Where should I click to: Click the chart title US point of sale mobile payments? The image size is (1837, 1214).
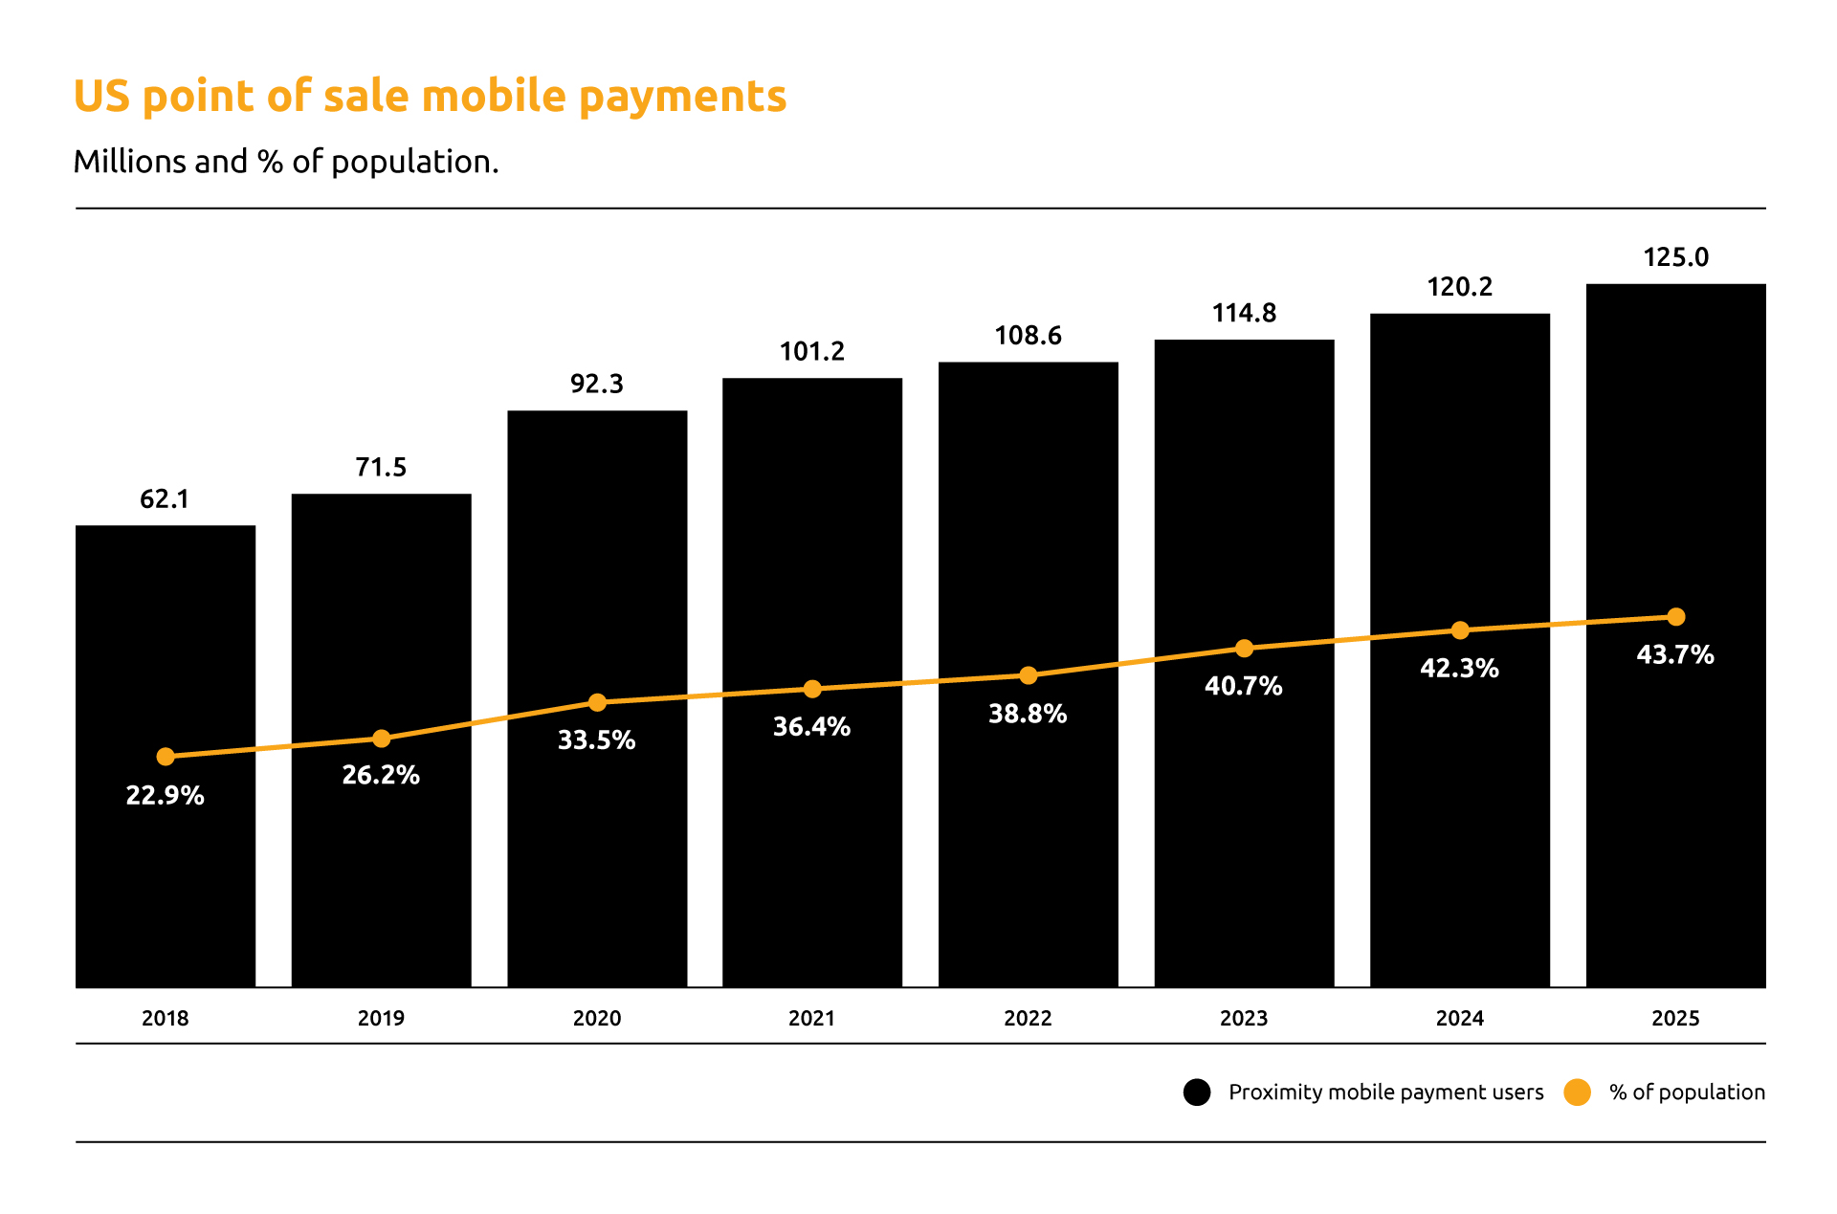click(x=430, y=97)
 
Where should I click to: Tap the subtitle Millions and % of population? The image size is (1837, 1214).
click(x=286, y=162)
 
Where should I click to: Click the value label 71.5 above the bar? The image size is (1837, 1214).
click(x=381, y=467)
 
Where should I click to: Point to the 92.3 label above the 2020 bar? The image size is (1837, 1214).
click(x=596, y=384)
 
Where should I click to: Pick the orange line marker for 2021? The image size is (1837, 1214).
click(x=812, y=689)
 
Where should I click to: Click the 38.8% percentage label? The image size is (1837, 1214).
click(x=1028, y=714)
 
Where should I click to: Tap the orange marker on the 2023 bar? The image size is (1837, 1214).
click(x=1244, y=649)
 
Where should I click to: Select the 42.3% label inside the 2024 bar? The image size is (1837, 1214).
click(x=1459, y=668)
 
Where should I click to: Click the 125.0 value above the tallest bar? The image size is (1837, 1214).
click(x=1675, y=257)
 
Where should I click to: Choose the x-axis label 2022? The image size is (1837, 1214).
click(x=1028, y=1018)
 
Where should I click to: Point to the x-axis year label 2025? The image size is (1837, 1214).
click(x=1675, y=1018)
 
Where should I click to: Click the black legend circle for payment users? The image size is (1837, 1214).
click(x=1197, y=1093)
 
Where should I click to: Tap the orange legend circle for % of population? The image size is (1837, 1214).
click(x=1577, y=1093)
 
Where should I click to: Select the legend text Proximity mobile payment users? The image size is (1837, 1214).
click(x=1385, y=1093)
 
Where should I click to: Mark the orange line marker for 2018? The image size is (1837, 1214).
click(x=166, y=757)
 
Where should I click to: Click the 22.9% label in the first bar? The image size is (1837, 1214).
click(x=166, y=796)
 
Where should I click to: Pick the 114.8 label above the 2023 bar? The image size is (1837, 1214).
click(x=1244, y=313)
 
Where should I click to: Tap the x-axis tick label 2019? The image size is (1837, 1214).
click(x=381, y=1018)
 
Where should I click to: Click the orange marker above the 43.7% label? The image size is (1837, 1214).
click(x=1675, y=617)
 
